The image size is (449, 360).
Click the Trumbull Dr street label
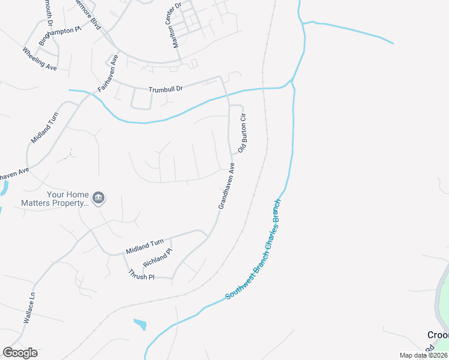(165, 88)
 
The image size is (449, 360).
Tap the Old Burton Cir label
(243, 132)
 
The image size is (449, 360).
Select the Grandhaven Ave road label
(226, 187)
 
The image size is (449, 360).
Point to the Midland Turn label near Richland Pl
(145, 245)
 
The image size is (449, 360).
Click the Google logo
(20, 353)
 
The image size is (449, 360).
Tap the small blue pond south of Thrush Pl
(140, 324)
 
